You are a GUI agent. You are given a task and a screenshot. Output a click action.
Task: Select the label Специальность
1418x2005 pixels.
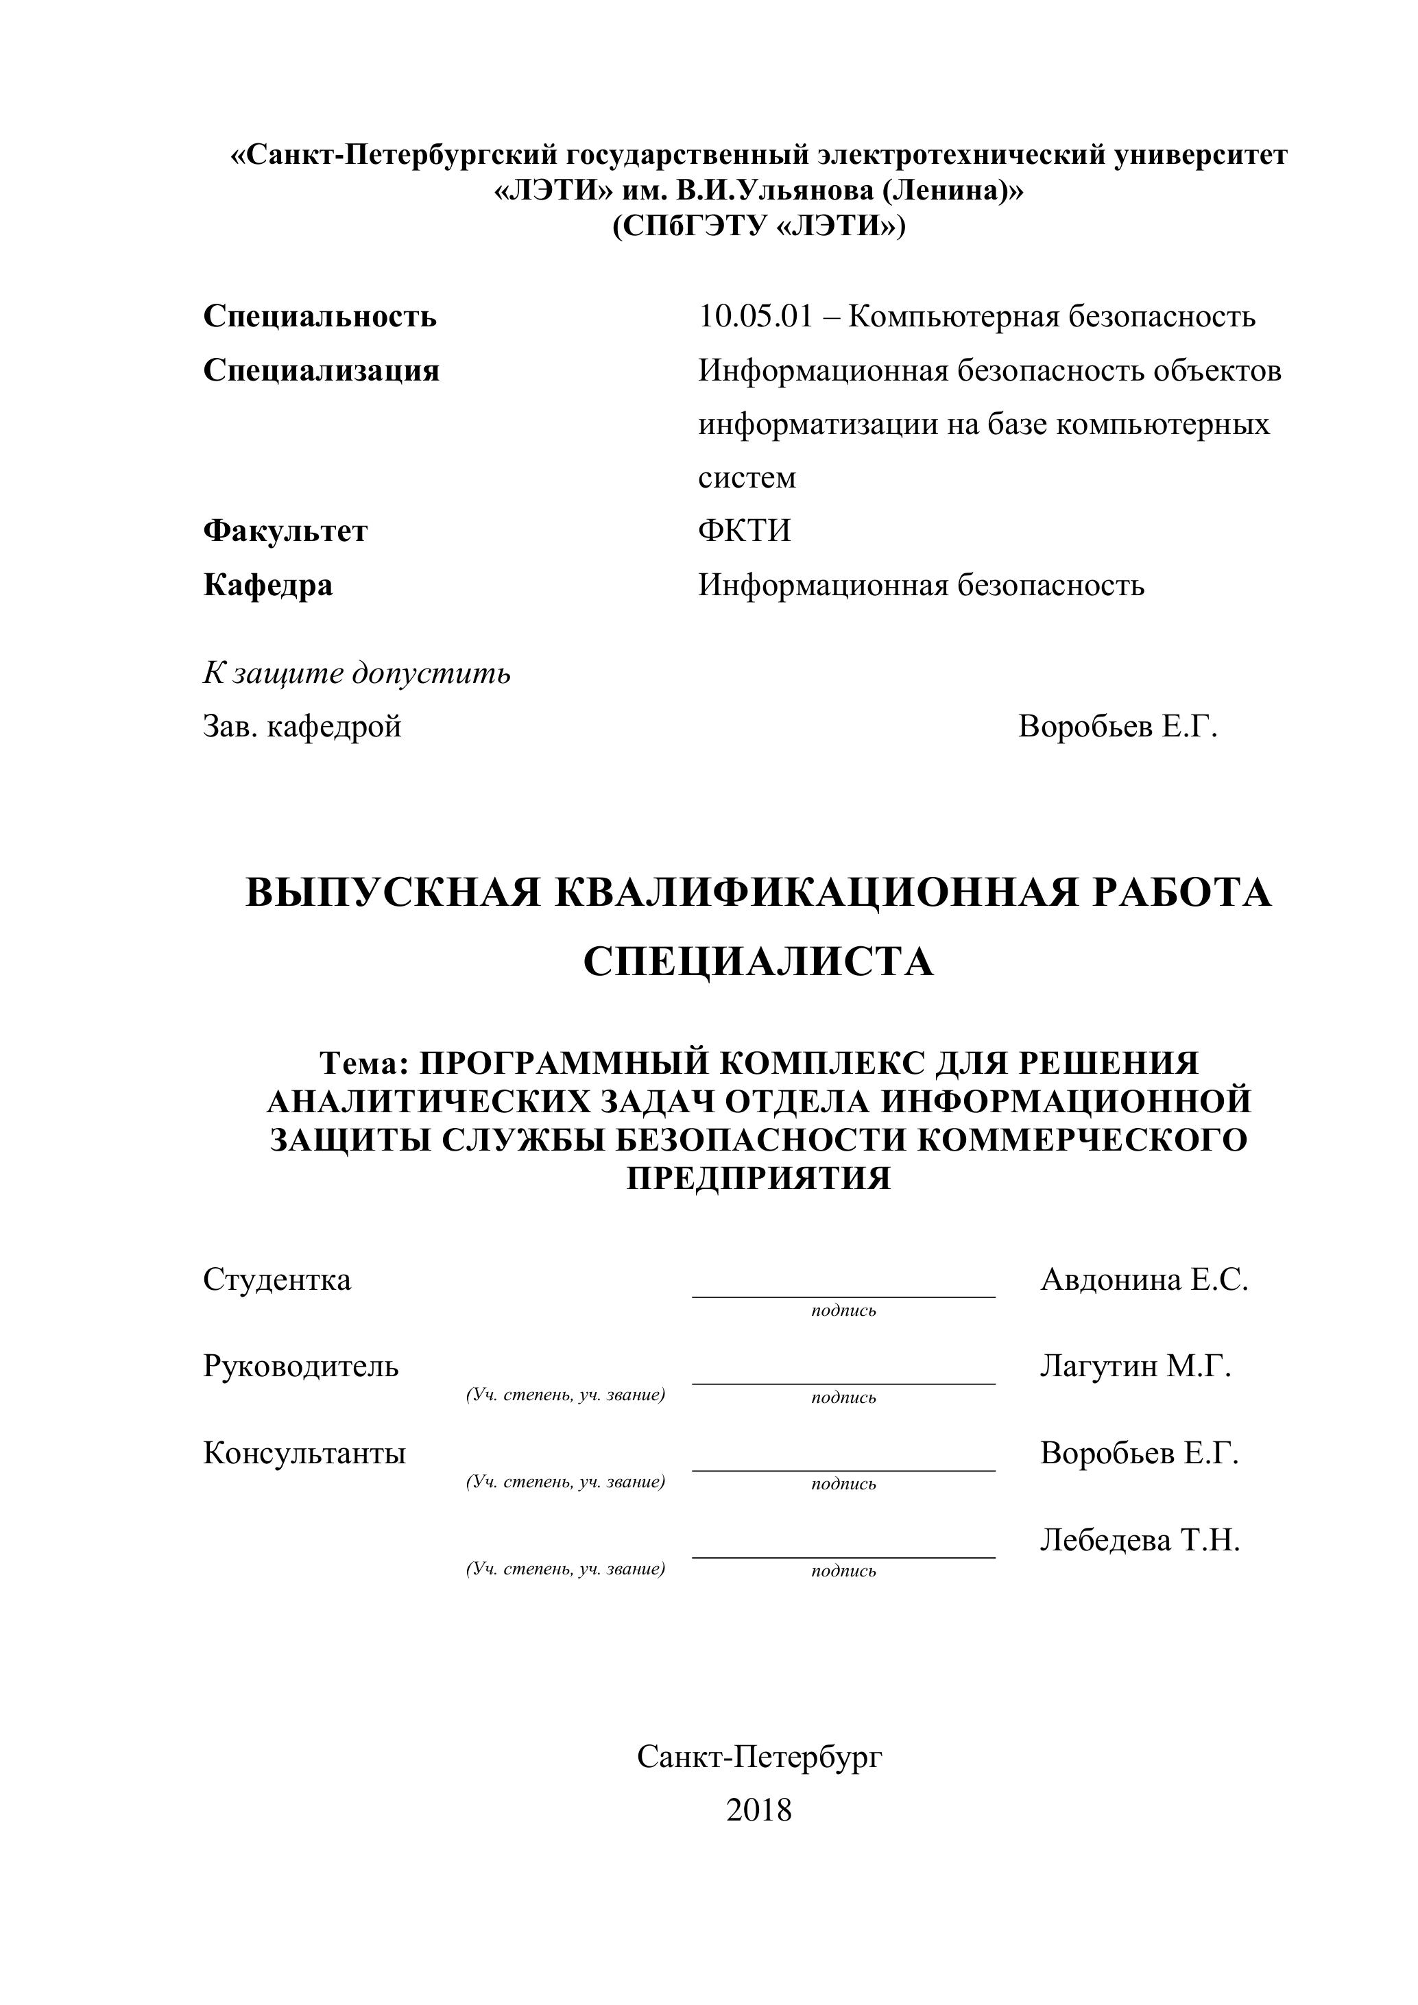coord(320,316)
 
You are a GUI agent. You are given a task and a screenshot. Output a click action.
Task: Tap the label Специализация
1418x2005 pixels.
coord(322,370)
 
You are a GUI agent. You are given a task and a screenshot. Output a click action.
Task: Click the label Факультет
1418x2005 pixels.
coord(285,531)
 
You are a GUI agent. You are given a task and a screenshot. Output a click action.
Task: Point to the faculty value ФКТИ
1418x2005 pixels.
coord(744,531)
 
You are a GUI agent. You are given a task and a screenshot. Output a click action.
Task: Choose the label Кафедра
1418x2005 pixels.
coord(268,584)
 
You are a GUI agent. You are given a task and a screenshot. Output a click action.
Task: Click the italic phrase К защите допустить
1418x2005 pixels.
coord(357,673)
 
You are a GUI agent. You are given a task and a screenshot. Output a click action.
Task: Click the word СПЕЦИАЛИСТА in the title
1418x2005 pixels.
coord(758,962)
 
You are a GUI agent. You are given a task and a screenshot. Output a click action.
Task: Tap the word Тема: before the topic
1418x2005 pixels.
coord(364,1063)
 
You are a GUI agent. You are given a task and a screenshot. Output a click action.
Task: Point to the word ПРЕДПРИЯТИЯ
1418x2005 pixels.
coord(758,1178)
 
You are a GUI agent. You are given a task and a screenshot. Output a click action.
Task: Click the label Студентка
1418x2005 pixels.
coord(277,1280)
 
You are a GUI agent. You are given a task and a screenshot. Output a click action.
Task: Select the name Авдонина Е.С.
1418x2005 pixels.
coord(1144,1280)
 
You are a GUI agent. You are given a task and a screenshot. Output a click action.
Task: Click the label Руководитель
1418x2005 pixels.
coord(300,1366)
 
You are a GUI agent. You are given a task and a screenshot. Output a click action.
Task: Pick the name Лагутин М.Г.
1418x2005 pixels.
coord(1135,1366)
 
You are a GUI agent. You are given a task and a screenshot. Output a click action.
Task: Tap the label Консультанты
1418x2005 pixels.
coord(304,1453)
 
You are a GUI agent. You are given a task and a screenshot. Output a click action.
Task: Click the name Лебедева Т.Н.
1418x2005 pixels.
coord(1140,1539)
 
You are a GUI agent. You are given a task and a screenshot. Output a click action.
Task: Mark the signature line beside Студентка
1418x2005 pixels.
coord(843,1296)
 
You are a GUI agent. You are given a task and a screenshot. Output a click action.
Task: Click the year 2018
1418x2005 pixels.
coord(758,1810)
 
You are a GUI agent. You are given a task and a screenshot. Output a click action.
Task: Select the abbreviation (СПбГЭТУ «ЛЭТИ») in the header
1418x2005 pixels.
coord(758,226)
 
